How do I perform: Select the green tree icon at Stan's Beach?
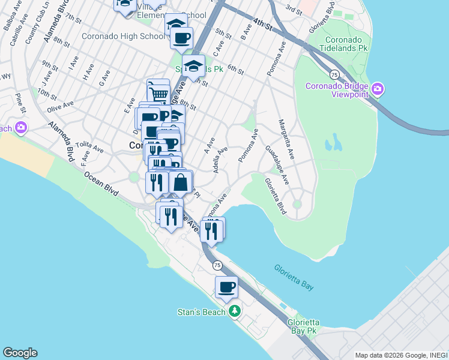coord(235,311)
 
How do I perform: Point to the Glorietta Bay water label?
coord(294,278)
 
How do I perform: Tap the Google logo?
coord(20,353)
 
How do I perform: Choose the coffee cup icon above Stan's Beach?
coord(226,287)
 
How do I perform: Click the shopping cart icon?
coord(158,92)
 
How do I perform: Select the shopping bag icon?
coord(181,182)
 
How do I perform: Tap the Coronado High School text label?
coord(123,36)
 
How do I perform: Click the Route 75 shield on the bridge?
coord(333,74)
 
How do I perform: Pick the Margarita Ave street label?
coord(286,140)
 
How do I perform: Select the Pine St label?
coord(21,103)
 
